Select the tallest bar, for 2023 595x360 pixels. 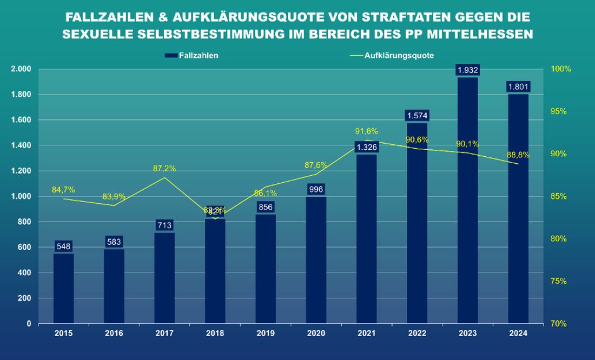467,200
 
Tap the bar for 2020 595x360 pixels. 316,259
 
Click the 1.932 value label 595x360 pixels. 467,70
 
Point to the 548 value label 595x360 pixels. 63,246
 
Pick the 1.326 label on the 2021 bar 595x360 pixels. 366,147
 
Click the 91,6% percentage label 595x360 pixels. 366,131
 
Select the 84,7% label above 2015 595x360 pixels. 63,190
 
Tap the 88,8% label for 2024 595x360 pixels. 518,155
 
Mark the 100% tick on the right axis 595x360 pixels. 561,69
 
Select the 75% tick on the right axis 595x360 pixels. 559,281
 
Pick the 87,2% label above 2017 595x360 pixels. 164,169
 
